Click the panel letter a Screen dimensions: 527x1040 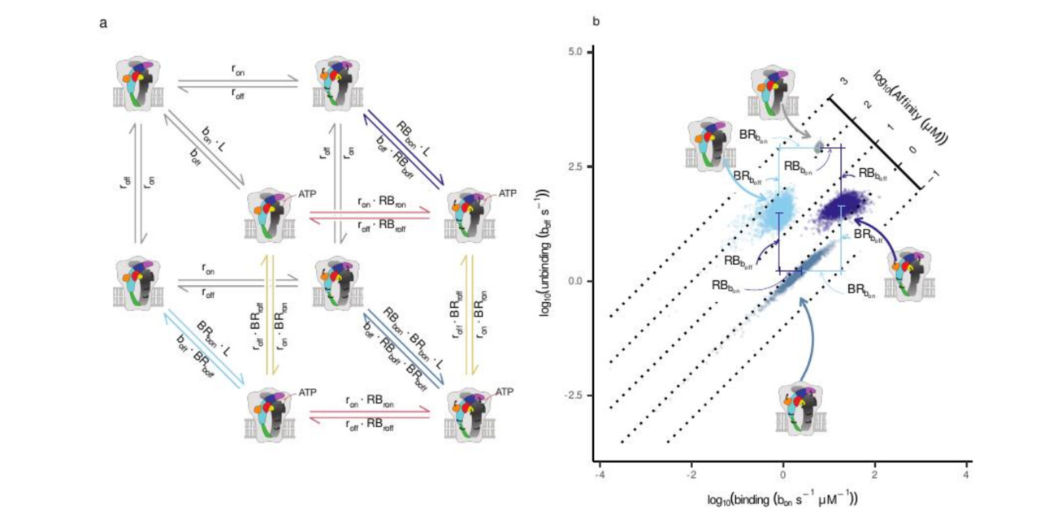pyautogui.click(x=103, y=23)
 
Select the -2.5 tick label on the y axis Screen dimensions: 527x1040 pyautogui.click(x=573, y=395)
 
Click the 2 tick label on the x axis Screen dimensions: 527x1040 pyautogui.click(x=874, y=474)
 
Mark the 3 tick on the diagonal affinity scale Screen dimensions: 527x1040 pyautogui.click(x=844, y=82)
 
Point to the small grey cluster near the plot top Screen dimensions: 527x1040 pyautogui.click(x=818, y=147)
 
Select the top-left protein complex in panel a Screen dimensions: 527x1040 pyautogui.click(x=139, y=81)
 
